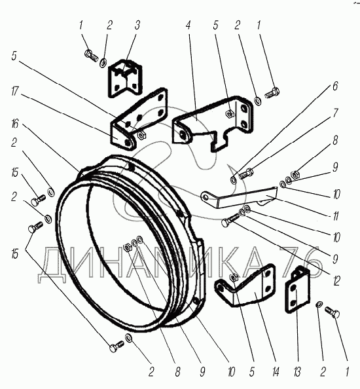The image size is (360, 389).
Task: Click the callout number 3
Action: click(137, 26)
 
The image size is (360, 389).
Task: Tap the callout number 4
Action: click(189, 25)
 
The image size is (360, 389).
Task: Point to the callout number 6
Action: click(335, 86)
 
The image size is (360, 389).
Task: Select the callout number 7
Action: click(335, 113)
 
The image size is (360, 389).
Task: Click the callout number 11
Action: click(336, 215)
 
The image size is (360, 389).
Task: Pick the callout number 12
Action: click(336, 280)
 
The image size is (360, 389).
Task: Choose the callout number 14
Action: click(276, 372)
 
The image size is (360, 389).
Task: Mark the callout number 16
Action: click(14, 123)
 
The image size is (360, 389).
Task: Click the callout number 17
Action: click(14, 91)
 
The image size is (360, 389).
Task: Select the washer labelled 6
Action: click(234, 179)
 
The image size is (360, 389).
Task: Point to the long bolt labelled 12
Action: click(230, 220)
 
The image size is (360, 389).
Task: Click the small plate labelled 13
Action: click(297, 289)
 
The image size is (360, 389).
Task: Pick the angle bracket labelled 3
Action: click(125, 78)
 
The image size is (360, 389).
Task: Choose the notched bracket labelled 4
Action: click(213, 123)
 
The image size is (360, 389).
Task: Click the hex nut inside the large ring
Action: click(127, 248)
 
